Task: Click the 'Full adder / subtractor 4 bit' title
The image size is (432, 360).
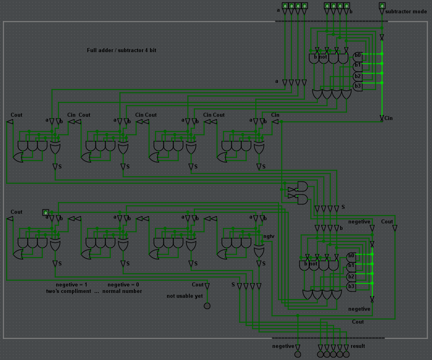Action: click(x=121, y=51)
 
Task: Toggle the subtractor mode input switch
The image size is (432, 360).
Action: click(x=382, y=6)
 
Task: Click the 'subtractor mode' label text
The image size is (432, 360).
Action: click(x=406, y=12)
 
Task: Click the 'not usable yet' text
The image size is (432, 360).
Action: click(x=184, y=296)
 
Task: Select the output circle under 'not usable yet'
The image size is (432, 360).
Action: click(x=207, y=306)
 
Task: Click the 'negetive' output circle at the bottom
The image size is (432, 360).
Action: click(x=298, y=354)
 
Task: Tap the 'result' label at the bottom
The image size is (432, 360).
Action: click(x=358, y=346)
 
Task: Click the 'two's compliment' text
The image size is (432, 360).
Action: click(x=68, y=291)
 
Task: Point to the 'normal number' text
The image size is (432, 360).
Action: click(x=122, y=291)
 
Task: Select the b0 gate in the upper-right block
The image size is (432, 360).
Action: click(x=358, y=55)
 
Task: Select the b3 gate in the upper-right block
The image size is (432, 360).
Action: click(x=358, y=86)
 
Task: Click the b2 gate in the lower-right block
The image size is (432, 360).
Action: click(x=351, y=277)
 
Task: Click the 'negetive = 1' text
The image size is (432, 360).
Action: click(x=71, y=284)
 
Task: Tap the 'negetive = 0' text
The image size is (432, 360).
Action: click(x=123, y=284)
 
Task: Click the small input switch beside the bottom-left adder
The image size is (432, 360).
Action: click(x=45, y=213)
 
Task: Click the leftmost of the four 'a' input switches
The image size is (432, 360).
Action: click(x=285, y=6)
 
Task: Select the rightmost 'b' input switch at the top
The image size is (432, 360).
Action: click(x=346, y=6)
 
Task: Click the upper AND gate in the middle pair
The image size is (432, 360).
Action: click(x=302, y=186)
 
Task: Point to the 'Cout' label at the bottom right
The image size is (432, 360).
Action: click(x=358, y=322)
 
